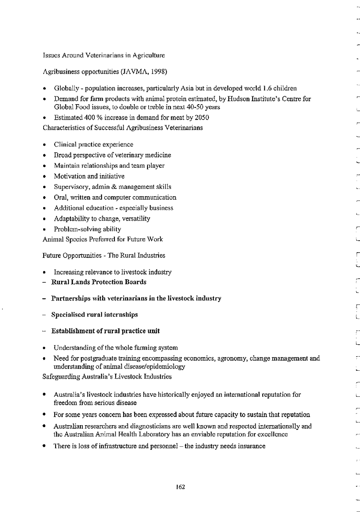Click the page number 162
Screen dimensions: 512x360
point(180,487)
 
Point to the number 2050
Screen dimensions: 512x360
point(201,118)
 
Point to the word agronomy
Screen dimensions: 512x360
point(227,359)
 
